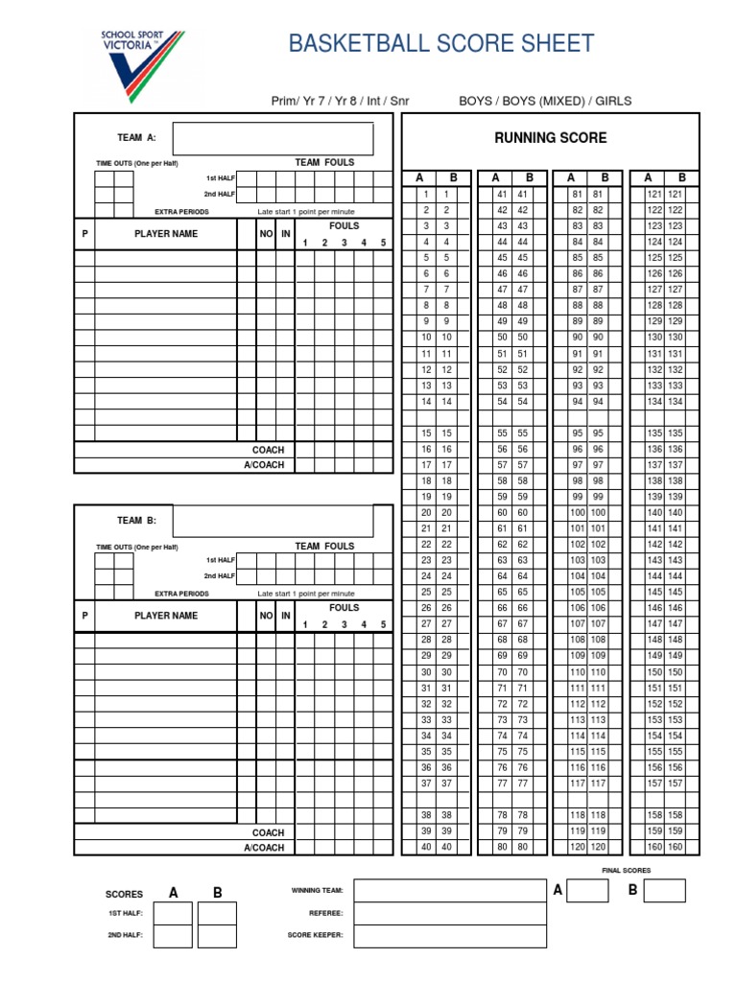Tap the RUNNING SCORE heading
coord(550,138)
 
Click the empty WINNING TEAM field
coord(450,891)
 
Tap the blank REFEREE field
coord(450,913)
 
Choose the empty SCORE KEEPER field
coord(450,936)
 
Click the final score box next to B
coord(664,891)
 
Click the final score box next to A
coord(587,891)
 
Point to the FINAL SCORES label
coord(626,871)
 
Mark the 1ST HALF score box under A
coord(173,913)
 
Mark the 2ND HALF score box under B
coord(217,936)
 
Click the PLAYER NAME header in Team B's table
coord(166,616)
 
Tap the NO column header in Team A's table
coord(266,234)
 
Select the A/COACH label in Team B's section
coord(264,848)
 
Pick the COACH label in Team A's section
coord(269,450)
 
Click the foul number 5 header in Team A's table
coord(383,244)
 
